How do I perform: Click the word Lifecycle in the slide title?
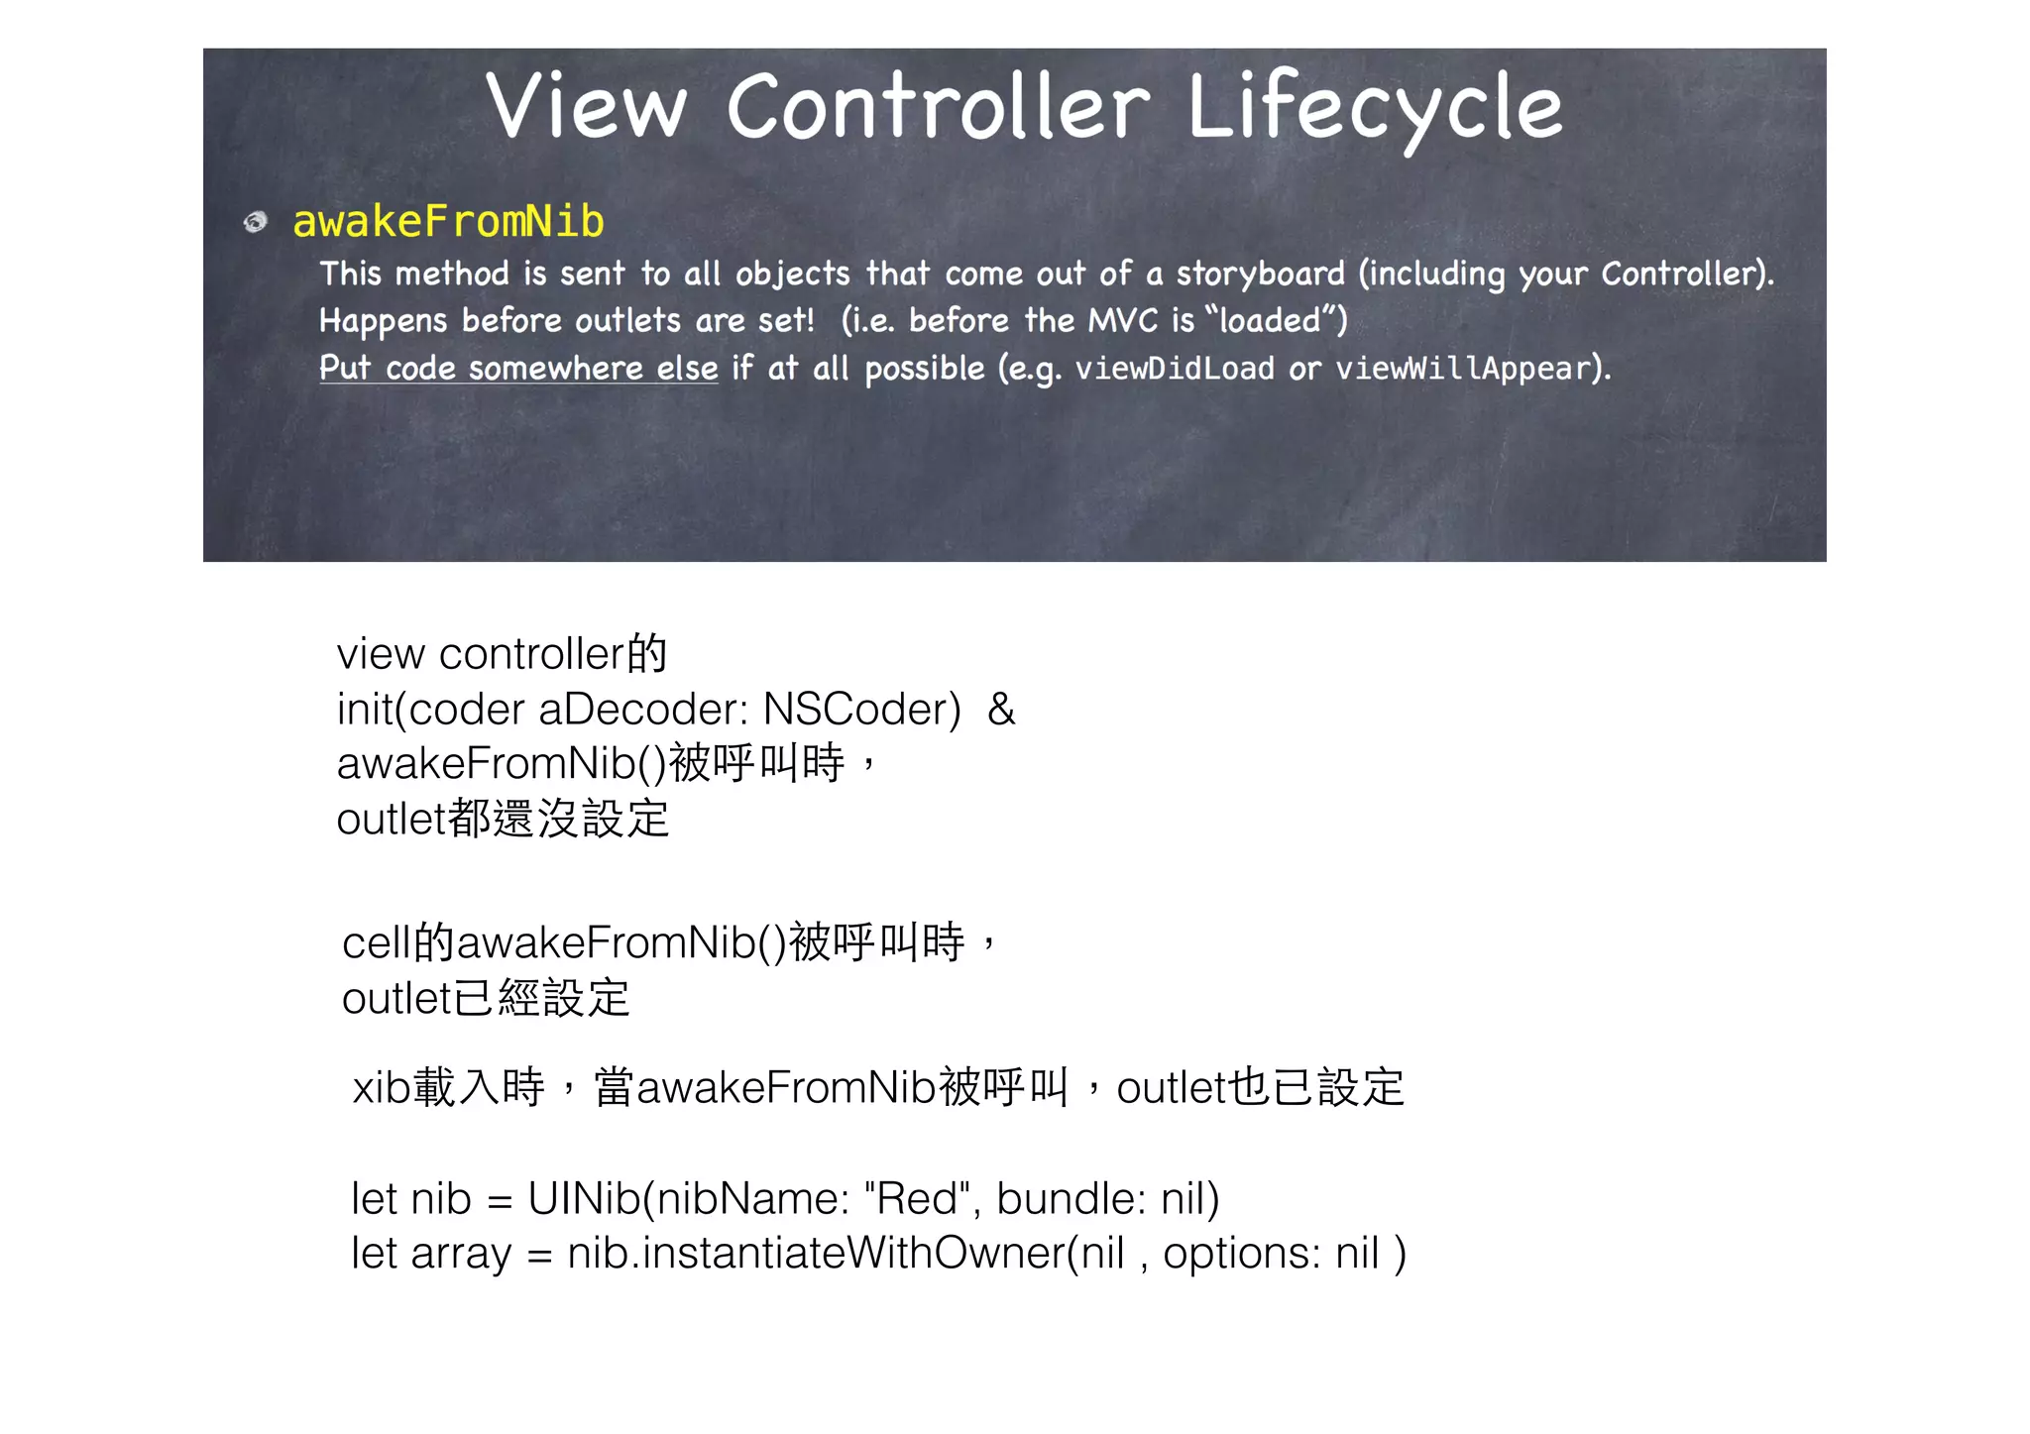[1374, 107]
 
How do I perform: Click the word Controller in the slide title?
[938, 107]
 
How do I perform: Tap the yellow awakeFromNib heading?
[448, 221]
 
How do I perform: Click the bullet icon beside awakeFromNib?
[256, 221]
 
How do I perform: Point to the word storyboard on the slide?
[1260, 274]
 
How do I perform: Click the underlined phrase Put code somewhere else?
[518, 369]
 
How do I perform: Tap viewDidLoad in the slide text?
[1175, 369]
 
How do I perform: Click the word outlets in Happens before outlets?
[627, 321]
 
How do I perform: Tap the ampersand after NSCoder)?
[1001, 710]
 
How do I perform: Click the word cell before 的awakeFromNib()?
[376, 942]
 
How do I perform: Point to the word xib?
[382, 1088]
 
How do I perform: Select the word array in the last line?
[461, 1254]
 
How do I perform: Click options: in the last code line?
[1241, 1254]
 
